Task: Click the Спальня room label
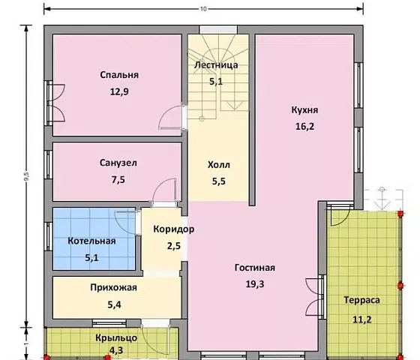119,75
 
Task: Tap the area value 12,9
119,91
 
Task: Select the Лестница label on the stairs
216,64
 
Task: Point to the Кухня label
304,109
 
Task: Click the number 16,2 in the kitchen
304,126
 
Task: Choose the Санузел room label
118,163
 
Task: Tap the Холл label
219,165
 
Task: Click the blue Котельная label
91,241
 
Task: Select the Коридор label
174,229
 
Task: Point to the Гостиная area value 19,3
255,284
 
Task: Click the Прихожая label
114,287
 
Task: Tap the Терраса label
361,300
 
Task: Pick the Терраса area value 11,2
361,319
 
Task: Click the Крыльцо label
116,338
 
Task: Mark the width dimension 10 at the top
203,9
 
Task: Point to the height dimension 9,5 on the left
26,176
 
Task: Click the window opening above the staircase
218,29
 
